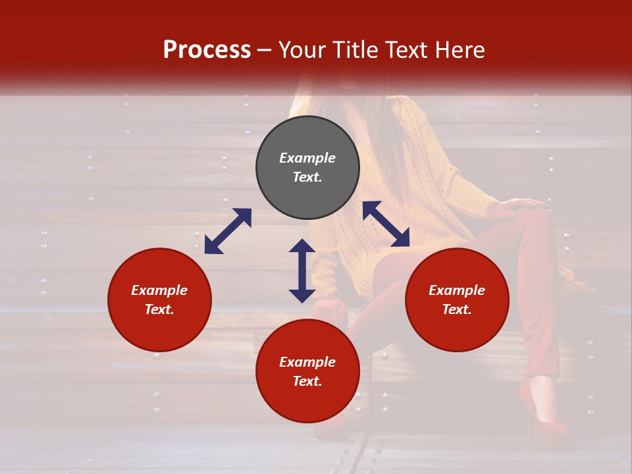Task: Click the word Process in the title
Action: coord(207,50)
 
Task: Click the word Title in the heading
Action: coord(354,50)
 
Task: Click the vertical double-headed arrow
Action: coord(302,271)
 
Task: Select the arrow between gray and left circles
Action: coord(228,231)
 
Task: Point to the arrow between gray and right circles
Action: coord(386,224)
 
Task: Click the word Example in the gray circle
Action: coord(307,158)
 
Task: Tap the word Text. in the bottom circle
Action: coord(307,381)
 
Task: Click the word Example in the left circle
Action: coord(159,290)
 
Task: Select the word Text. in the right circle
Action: coord(457,309)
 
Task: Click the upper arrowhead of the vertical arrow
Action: coord(302,246)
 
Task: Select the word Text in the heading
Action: coord(408,50)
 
